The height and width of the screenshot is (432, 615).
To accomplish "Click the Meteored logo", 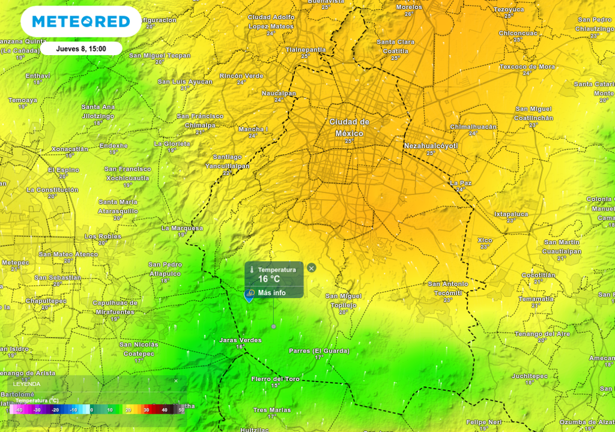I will (x=81, y=22).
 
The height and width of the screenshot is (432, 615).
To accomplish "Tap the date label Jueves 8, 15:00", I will (x=81, y=49).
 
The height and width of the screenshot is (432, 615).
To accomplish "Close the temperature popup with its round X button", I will (x=311, y=268).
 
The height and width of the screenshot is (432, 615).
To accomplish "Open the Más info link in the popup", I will (x=271, y=293).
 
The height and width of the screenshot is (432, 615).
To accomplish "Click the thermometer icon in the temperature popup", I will (x=252, y=270).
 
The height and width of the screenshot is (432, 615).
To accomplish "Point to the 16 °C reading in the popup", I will (x=269, y=279).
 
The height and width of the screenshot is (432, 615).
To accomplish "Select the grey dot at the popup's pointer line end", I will (x=274, y=326).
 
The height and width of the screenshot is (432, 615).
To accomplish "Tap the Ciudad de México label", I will (x=349, y=127).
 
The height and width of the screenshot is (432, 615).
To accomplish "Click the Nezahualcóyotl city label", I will (x=431, y=146).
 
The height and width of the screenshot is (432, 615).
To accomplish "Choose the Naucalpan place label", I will (x=279, y=93).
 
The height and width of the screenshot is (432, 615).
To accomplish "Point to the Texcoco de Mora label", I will (x=527, y=67).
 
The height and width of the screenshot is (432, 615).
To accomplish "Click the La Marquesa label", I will (x=182, y=228).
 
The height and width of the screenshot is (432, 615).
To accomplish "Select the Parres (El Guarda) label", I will (x=319, y=350).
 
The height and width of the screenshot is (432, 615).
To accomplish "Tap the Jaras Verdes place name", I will (x=240, y=340).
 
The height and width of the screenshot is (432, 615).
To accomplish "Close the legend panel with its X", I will (x=176, y=380).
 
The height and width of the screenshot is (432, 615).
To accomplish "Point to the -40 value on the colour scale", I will (x=19, y=410).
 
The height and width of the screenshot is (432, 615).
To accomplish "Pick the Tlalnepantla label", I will (x=306, y=49).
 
